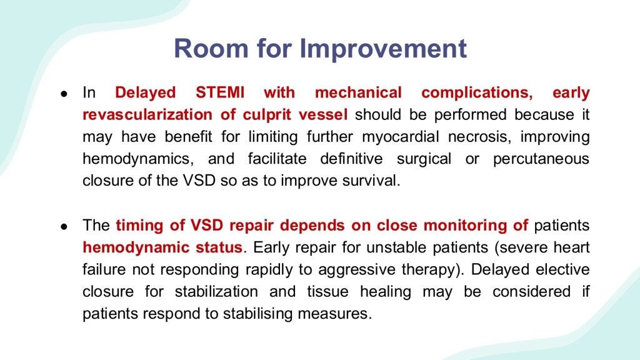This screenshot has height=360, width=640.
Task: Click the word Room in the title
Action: click(211, 48)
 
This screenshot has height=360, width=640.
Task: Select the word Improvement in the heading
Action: click(383, 49)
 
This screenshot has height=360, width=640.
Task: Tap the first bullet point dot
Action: click(64, 94)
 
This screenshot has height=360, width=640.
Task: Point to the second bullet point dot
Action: click(64, 226)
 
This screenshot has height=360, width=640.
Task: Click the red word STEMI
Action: click(220, 92)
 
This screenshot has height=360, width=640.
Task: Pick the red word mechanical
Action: click(358, 92)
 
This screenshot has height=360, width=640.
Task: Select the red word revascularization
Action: click(147, 114)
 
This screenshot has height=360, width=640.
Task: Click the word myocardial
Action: click(401, 137)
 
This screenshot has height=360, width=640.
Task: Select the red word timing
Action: click(139, 226)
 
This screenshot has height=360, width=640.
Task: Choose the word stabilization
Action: click(216, 291)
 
